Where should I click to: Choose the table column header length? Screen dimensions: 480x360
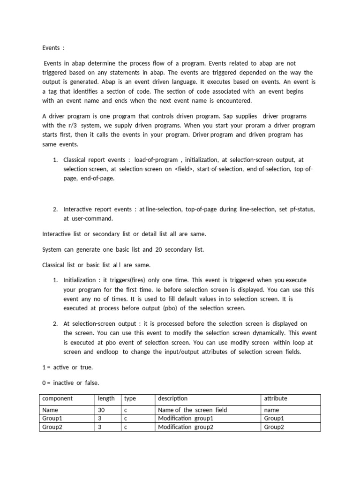[106, 398]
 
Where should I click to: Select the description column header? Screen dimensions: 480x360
[173, 398]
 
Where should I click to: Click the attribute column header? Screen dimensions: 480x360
[276, 398]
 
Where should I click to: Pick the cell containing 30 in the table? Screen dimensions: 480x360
[101, 410]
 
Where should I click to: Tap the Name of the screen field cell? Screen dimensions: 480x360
[193, 410]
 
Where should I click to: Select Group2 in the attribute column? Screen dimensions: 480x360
[274, 427]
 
